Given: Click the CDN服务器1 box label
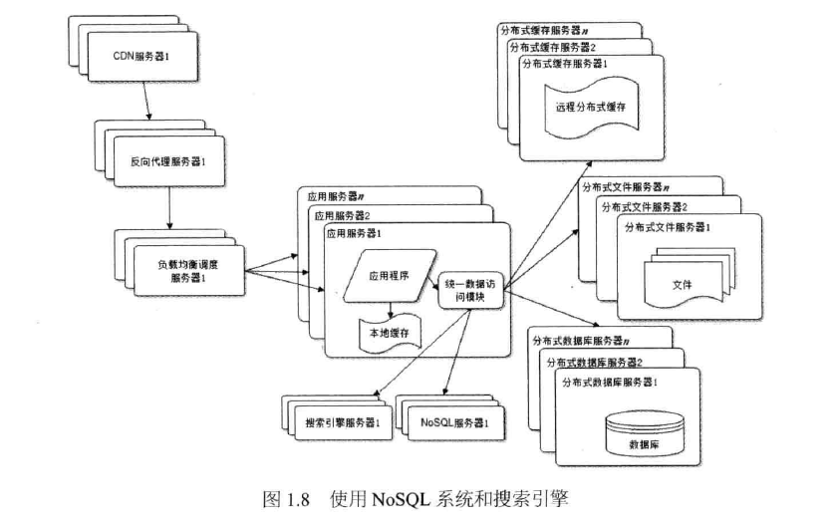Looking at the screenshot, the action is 141,56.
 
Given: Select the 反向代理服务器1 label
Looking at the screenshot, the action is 168,161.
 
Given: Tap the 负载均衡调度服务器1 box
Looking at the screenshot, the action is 189,270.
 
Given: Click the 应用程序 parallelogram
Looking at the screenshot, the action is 390,276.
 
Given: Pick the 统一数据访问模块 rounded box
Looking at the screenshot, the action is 470,291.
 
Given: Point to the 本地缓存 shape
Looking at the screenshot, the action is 390,334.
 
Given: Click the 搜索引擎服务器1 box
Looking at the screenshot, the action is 343,422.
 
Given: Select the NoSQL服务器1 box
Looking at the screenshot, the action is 455,422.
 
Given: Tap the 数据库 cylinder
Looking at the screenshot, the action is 645,433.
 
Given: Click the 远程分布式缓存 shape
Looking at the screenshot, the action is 591,108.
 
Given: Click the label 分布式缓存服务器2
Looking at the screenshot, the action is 553,48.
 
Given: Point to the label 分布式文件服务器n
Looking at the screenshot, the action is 626,187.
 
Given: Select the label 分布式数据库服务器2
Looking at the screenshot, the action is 594,363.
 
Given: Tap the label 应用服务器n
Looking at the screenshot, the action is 336,196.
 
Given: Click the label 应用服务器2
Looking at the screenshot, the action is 342,215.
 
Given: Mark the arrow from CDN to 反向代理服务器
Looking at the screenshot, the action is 145,101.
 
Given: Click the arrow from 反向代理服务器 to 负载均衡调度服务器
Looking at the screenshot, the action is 169,207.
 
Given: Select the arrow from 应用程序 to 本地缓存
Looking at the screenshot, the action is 391,311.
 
